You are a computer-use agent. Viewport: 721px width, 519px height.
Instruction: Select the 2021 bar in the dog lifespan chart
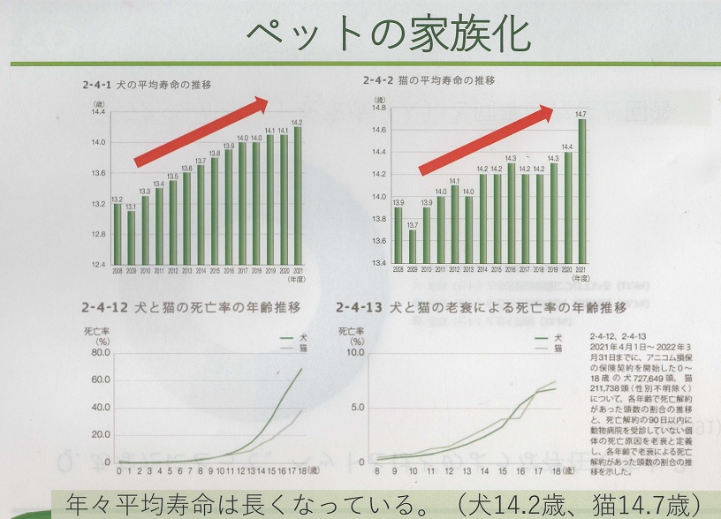297,195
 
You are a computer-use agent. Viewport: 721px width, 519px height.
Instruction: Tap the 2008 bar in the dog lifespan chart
118,234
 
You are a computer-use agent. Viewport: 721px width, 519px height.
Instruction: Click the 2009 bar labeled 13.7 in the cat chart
412,246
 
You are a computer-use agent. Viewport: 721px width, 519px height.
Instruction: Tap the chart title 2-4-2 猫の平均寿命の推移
429,80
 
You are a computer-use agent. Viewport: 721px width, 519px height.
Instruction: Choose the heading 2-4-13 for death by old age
482,308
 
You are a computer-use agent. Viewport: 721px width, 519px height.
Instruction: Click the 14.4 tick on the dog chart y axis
97,112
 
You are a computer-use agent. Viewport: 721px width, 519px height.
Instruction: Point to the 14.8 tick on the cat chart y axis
377,108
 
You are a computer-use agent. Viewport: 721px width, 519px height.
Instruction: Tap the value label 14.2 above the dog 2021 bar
297,122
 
